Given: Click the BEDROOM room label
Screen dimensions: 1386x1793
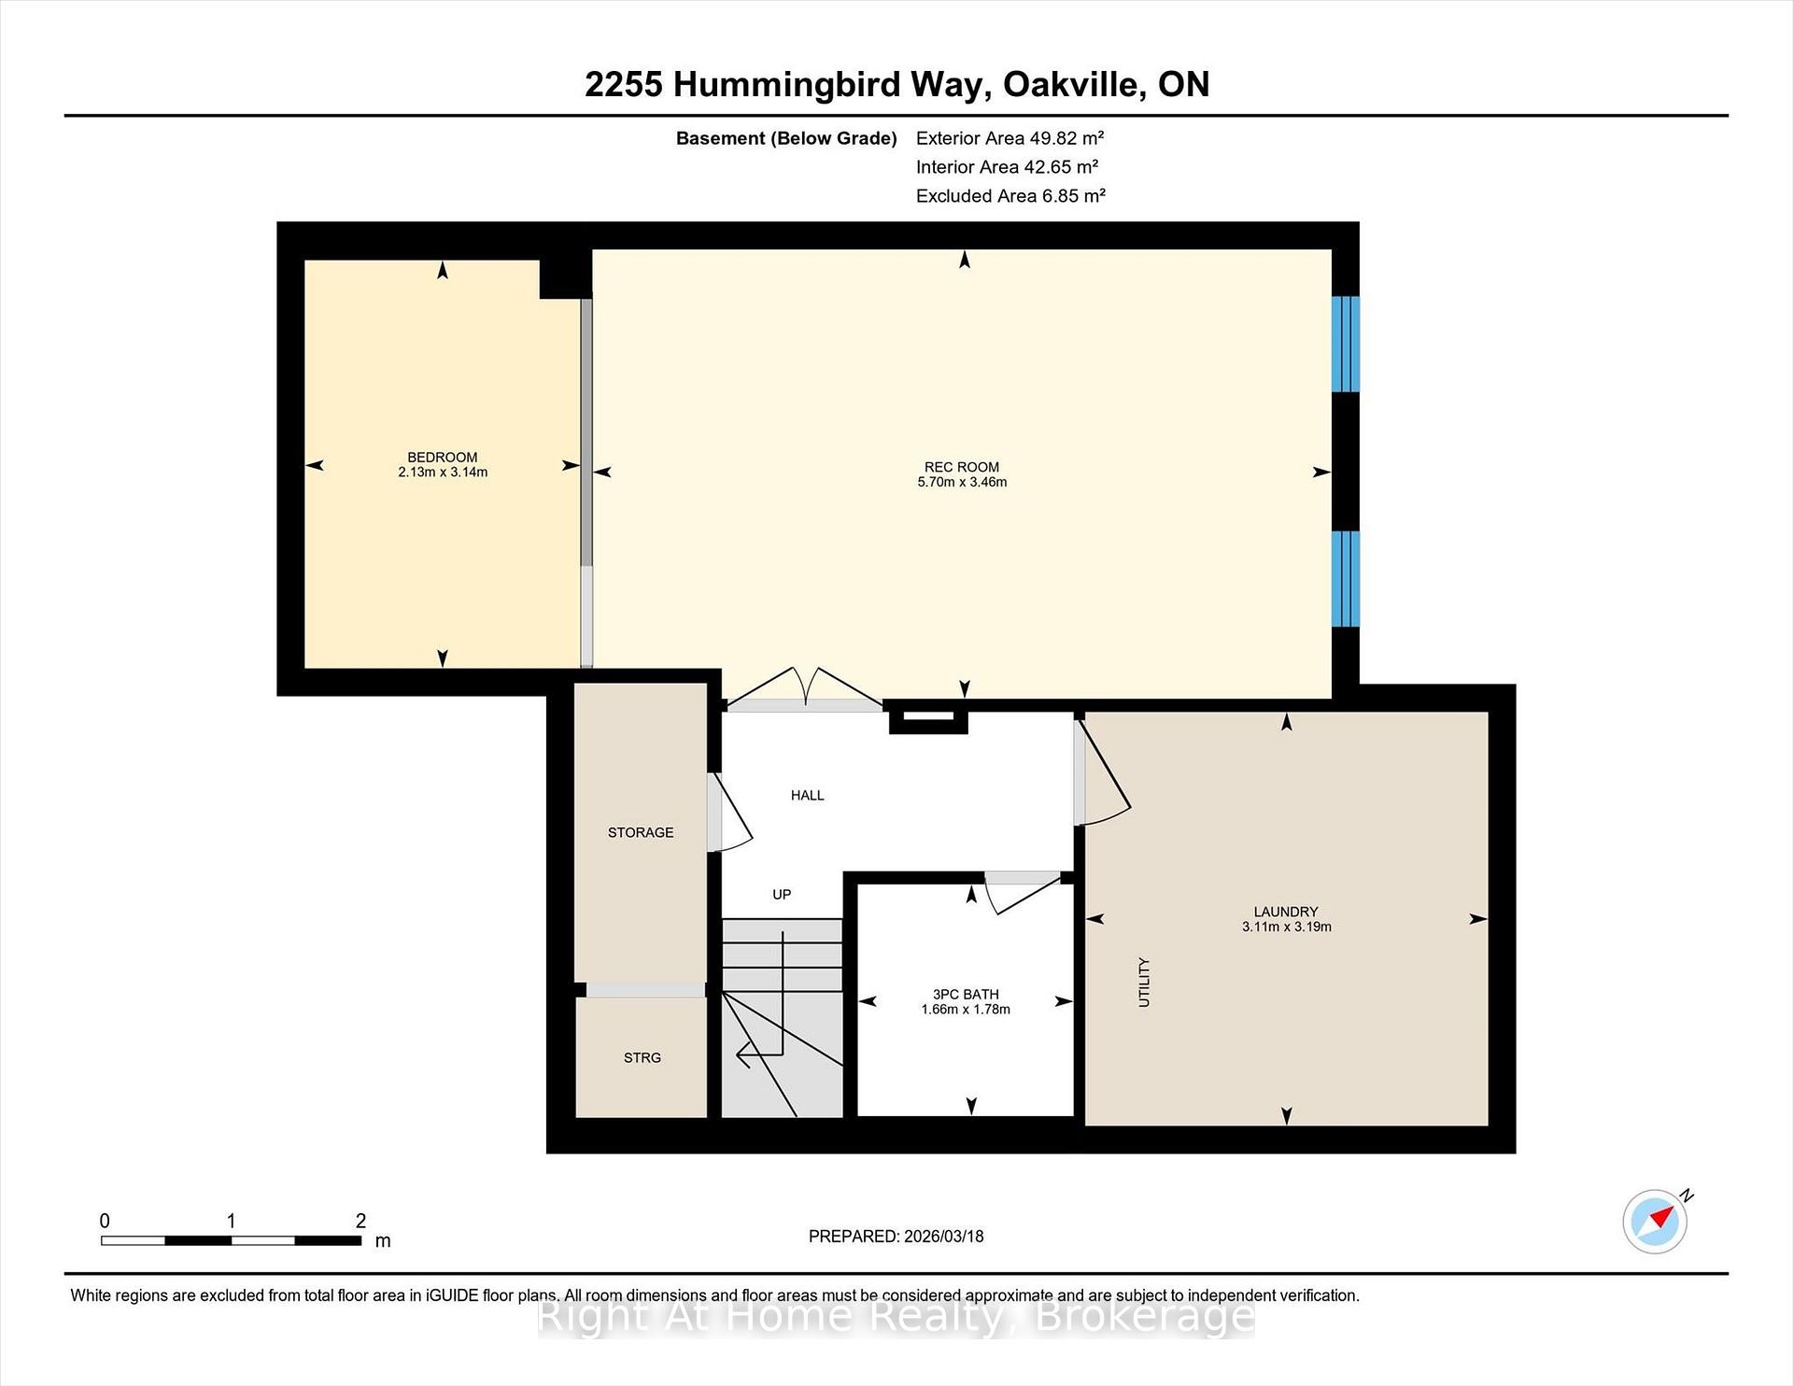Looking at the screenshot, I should pyautogui.click(x=442, y=457).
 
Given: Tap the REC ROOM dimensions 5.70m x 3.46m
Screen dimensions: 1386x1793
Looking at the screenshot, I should pyautogui.click(x=962, y=482).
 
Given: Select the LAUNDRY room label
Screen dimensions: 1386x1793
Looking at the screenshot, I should pyautogui.click(x=1285, y=912).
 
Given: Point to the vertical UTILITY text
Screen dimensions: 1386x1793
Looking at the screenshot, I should pyautogui.click(x=1144, y=982).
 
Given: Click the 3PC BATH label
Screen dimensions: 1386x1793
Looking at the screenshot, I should pyautogui.click(x=965, y=995).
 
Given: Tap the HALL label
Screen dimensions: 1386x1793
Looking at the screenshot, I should pyautogui.click(x=807, y=796).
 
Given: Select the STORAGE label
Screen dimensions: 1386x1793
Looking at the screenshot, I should pyautogui.click(x=640, y=832).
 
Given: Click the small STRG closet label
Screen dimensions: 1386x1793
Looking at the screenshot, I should pyautogui.click(x=642, y=1057).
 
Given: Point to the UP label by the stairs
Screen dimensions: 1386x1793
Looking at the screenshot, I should pyautogui.click(x=782, y=895).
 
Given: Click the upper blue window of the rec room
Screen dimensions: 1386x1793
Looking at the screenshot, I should pyautogui.click(x=1345, y=344).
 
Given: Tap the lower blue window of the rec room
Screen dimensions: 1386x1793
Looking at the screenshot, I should pyautogui.click(x=1345, y=578).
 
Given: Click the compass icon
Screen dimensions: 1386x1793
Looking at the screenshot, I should pyautogui.click(x=1655, y=1221).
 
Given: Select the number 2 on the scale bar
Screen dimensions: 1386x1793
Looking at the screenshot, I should pyautogui.click(x=360, y=1221).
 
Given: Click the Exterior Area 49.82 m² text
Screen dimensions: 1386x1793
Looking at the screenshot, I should pyautogui.click(x=1009, y=138).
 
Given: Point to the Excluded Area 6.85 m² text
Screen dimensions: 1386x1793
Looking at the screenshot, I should pyautogui.click(x=1010, y=196).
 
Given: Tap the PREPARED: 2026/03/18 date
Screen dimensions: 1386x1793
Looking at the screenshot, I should pyautogui.click(x=896, y=1236).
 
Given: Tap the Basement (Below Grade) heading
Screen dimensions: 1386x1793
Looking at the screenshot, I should pyautogui.click(x=785, y=138).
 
